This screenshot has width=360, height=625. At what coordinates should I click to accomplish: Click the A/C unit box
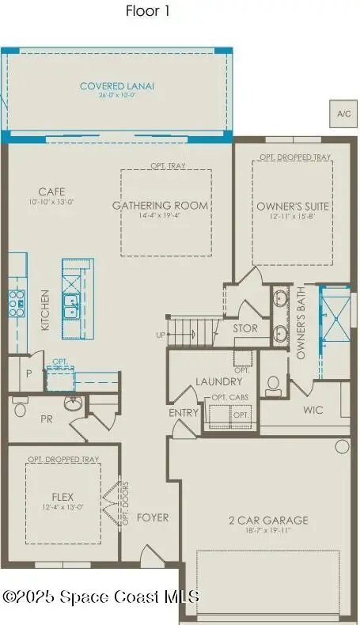pos(343,114)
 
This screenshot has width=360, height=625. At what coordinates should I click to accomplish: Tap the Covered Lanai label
pos(117,86)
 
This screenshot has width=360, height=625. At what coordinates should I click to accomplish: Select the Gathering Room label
pos(161,206)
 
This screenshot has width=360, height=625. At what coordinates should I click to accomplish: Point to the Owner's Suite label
pos(293,206)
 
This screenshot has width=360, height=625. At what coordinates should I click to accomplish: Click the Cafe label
pos(51,191)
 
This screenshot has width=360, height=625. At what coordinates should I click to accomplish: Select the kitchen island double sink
pos(70,305)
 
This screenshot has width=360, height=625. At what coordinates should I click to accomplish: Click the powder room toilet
pos(21,408)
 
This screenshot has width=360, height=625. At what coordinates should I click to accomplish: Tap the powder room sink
pos(72,404)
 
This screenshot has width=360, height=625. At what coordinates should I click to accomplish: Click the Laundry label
pos(218,382)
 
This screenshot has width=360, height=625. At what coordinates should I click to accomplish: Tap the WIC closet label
pos(314,411)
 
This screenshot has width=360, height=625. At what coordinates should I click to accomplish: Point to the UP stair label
pos(161,335)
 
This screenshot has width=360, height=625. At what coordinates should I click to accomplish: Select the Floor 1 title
pos(148,11)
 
